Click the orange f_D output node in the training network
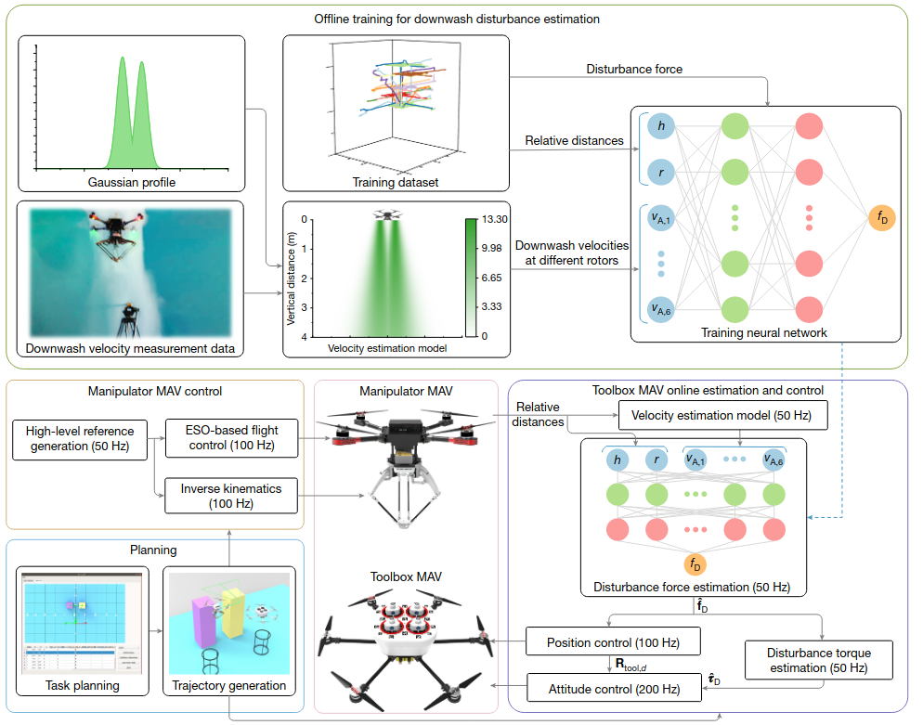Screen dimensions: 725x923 click(x=882, y=218)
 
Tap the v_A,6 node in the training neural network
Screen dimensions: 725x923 click(x=661, y=309)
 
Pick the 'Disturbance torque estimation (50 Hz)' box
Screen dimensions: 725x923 click(x=819, y=660)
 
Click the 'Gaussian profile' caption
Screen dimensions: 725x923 click(x=131, y=182)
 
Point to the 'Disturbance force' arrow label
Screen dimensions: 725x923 click(x=634, y=69)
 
